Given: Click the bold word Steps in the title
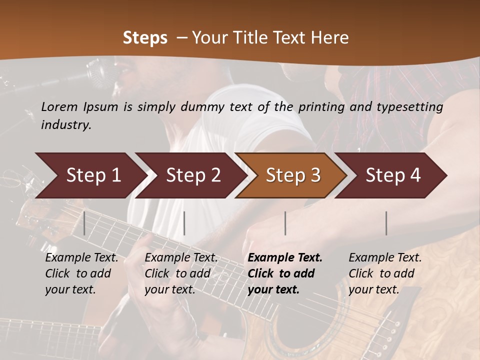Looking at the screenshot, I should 145,37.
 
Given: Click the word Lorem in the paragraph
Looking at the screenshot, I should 59,106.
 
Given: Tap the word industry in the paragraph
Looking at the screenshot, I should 66,124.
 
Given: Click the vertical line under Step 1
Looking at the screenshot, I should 84,223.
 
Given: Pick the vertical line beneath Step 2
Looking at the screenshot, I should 184,223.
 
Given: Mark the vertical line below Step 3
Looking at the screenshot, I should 285,223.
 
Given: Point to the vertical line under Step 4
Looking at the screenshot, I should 386,223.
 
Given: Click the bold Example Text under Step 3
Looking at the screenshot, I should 285,258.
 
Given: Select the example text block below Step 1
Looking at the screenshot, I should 81,273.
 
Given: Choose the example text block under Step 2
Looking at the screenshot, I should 181,273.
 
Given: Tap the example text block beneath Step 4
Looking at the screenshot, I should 385,273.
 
